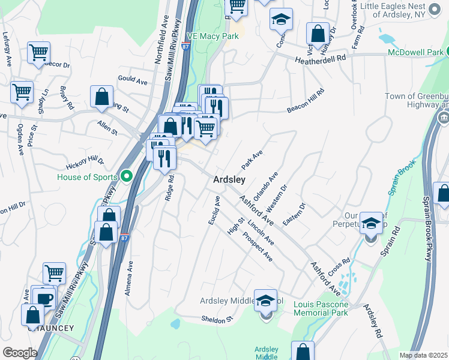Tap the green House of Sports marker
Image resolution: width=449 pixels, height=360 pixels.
click(x=126, y=176)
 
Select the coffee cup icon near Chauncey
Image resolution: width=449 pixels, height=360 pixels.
click(x=44, y=298)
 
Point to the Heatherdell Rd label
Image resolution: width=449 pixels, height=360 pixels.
click(x=321, y=59)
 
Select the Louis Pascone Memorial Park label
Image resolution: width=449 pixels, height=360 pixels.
click(x=321, y=308)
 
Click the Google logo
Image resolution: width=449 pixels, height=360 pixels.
click(x=20, y=353)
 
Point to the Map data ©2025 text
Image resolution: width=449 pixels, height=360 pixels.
click(x=423, y=355)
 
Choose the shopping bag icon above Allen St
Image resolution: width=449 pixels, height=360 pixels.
click(x=102, y=96)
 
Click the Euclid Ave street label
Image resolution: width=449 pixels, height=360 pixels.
click(x=214, y=211)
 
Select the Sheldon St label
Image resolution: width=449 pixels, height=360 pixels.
click(x=217, y=319)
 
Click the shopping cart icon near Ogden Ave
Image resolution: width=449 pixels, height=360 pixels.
click(x=22, y=93)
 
